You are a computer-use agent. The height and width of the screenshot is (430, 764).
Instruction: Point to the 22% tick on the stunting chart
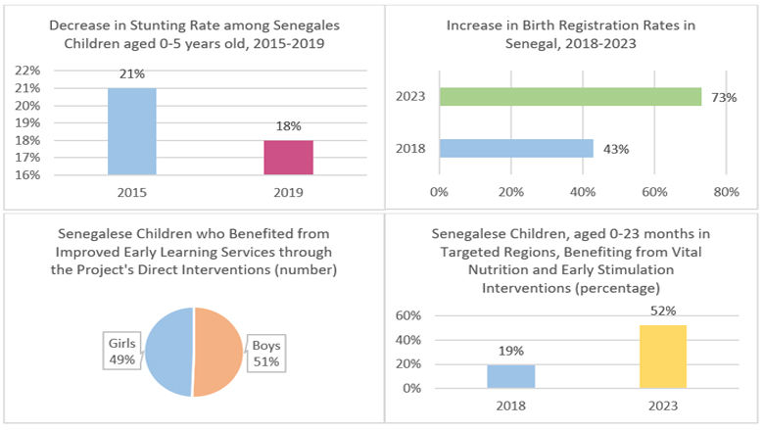click(27, 72)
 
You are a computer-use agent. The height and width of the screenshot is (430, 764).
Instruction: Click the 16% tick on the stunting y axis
click(27, 175)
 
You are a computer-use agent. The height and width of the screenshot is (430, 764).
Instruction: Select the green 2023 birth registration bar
click(570, 96)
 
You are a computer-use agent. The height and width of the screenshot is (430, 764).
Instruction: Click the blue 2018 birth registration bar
click(516, 148)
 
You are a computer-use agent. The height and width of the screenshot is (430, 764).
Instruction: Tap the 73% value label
click(725, 97)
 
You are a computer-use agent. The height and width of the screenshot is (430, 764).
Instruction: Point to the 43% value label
click(616, 149)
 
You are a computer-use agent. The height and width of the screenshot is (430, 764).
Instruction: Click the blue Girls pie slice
click(168, 352)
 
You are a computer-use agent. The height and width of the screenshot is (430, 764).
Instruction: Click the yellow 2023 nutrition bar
click(663, 357)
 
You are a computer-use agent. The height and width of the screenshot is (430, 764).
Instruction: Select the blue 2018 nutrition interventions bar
click(510, 376)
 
